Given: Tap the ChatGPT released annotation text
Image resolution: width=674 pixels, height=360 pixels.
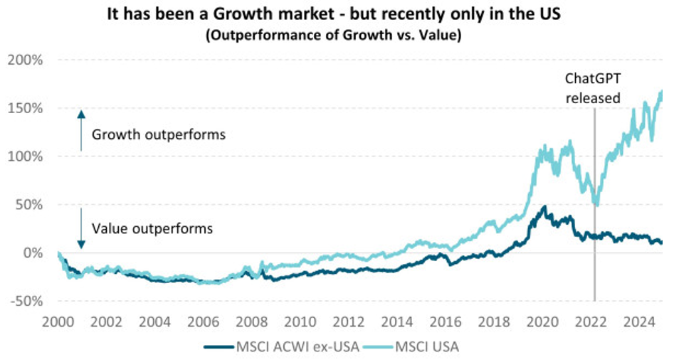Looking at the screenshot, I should [593, 88].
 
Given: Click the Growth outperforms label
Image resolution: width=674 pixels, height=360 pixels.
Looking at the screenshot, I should [159, 134].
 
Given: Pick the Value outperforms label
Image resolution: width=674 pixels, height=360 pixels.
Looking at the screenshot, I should [153, 229].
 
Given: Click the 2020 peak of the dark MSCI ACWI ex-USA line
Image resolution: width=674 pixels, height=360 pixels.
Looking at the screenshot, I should [544, 207].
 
